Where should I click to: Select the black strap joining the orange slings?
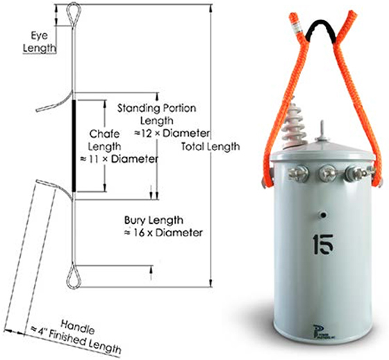(321, 29)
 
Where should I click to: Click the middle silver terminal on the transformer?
(324, 169)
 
